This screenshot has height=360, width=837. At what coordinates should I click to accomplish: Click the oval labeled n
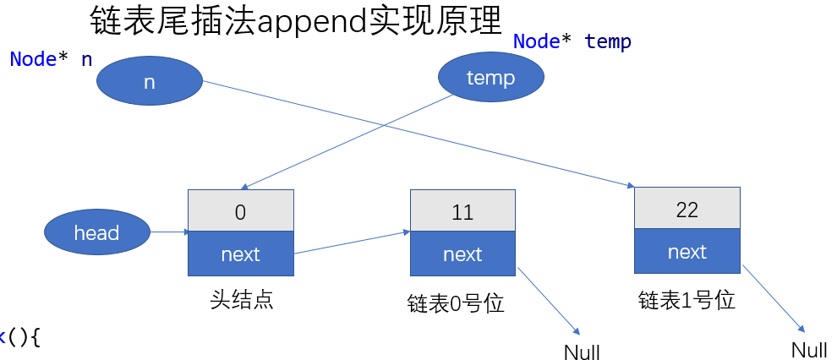tap(150, 82)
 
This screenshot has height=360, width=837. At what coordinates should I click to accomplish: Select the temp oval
tap(490, 79)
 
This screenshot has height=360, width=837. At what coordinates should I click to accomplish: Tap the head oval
tap(96, 232)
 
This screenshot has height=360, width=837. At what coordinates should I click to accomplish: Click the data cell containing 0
tap(240, 211)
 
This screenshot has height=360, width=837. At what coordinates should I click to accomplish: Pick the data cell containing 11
tap(462, 211)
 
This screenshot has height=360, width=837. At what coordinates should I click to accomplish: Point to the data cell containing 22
tap(687, 209)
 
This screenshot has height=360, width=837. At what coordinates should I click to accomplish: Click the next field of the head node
tap(240, 254)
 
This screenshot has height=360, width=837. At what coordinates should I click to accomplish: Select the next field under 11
tap(462, 254)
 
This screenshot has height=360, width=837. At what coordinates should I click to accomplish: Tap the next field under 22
tap(687, 252)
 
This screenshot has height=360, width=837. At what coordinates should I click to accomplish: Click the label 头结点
tap(241, 300)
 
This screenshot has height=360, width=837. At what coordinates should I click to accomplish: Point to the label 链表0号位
tap(456, 303)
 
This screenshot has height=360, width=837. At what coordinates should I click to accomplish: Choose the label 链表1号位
tap(687, 300)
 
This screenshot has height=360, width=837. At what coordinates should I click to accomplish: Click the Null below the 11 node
tap(582, 352)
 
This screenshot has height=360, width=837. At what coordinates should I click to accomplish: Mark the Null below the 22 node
tap(809, 350)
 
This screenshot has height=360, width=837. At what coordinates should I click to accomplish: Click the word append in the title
tap(312, 23)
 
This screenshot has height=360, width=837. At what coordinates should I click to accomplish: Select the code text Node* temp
tap(572, 41)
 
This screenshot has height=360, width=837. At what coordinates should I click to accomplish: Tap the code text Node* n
tap(51, 60)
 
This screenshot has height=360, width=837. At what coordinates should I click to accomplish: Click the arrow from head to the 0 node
tap(169, 232)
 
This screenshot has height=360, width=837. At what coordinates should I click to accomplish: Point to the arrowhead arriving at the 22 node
tap(629, 185)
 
